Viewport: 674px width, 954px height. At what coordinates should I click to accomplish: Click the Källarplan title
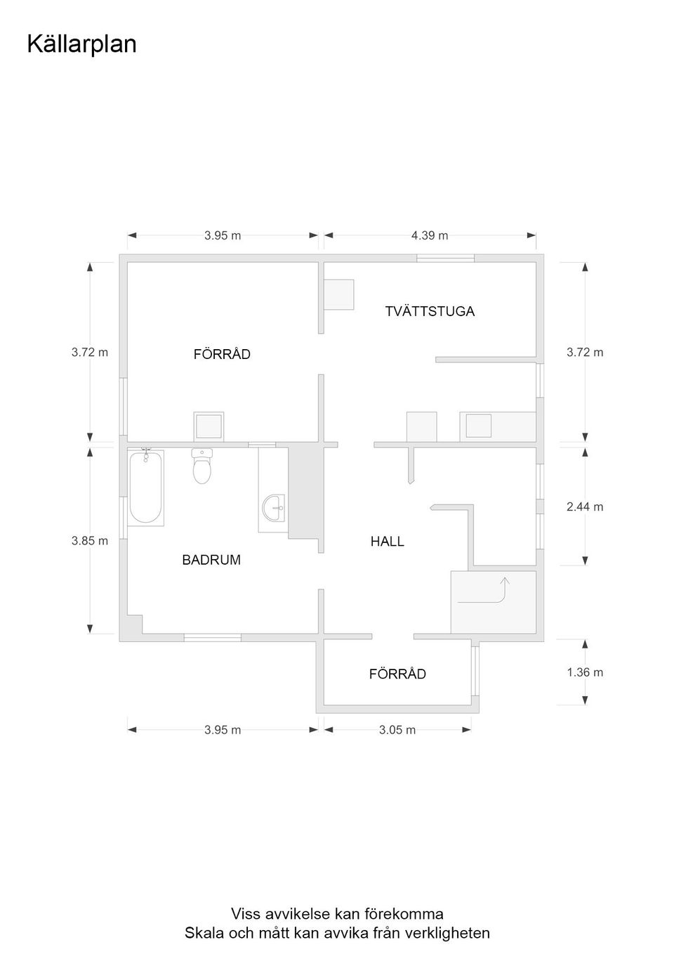pyautogui.click(x=81, y=44)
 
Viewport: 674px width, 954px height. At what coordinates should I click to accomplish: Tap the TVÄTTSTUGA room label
pyautogui.click(x=430, y=311)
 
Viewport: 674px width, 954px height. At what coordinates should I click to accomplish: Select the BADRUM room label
pyautogui.click(x=211, y=560)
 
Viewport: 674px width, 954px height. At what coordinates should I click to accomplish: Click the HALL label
pyautogui.click(x=388, y=542)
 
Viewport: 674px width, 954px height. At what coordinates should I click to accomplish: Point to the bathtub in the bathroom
pyautogui.click(x=146, y=488)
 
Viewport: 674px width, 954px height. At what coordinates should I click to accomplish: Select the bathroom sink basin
pyautogui.click(x=273, y=507)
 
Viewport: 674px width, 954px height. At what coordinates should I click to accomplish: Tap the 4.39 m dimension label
pyautogui.click(x=430, y=236)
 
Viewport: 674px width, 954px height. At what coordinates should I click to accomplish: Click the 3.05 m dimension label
pyautogui.click(x=397, y=730)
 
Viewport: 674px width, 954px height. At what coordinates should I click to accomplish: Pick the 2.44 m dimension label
pyautogui.click(x=585, y=507)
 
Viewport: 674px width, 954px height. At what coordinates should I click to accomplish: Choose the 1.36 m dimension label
pyautogui.click(x=585, y=672)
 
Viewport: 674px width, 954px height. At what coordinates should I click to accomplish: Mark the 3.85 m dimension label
pyautogui.click(x=90, y=541)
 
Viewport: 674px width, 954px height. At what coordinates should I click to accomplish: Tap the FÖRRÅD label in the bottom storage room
pyautogui.click(x=397, y=674)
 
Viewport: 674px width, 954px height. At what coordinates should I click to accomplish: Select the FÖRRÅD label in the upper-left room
pyautogui.click(x=222, y=355)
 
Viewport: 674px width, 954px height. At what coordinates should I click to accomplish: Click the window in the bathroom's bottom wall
pyautogui.click(x=212, y=638)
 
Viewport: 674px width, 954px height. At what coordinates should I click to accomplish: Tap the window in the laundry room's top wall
pyautogui.click(x=445, y=259)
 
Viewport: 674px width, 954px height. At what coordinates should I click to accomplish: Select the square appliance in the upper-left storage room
pyautogui.click(x=209, y=426)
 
